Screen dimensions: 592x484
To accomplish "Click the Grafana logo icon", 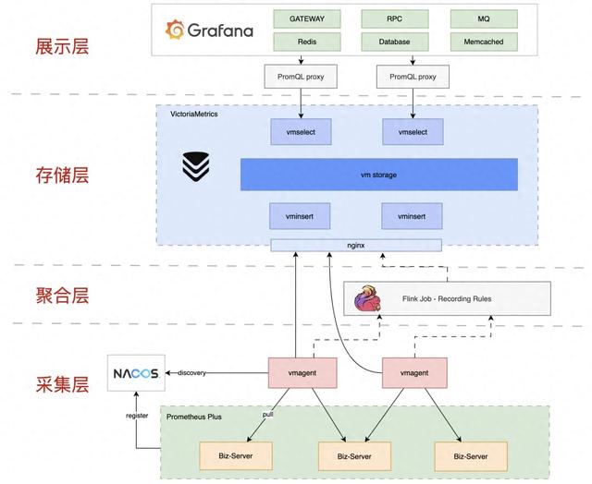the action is tap(175, 30).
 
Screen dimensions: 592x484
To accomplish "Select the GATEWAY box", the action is tap(307, 18).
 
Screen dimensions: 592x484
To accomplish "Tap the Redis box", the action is tap(307, 42).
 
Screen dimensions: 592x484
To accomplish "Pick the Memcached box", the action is tap(484, 42).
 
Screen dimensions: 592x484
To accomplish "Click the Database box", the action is tap(395, 42).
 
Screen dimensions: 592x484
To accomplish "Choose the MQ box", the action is tap(484, 18).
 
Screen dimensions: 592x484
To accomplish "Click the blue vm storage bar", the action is tap(379, 175).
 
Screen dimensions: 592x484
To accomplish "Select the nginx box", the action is tap(356, 246).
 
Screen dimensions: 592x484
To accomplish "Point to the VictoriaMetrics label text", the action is tap(194, 114).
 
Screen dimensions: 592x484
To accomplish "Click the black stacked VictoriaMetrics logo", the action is tap(195, 166).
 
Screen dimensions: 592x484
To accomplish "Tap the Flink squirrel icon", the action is tap(368, 298).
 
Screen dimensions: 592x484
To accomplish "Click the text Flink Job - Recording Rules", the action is tap(447, 299).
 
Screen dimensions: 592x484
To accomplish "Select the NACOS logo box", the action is tap(136, 373).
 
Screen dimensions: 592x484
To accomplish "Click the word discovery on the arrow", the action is tap(191, 373).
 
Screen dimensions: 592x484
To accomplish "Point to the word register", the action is tap(137, 416).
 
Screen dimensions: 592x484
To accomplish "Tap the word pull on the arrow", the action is tap(267, 415).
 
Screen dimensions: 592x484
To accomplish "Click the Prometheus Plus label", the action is tap(194, 417).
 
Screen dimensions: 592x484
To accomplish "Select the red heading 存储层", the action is tap(62, 175).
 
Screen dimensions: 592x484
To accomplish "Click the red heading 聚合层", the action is tap(62, 296).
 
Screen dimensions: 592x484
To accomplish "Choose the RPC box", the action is tap(395, 18).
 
